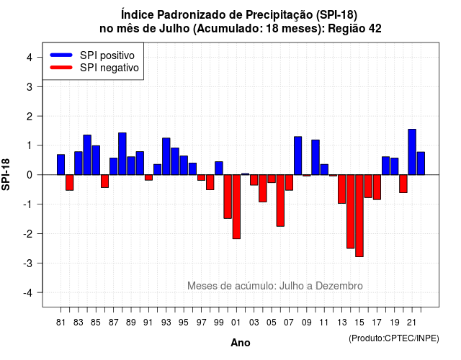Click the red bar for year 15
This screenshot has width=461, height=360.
point(359,216)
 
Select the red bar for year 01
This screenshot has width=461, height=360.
point(236,207)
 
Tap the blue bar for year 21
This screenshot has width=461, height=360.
point(412,152)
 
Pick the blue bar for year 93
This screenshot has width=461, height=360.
point(166,156)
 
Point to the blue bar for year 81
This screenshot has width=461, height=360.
point(61,165)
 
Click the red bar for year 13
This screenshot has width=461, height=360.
point(341,189)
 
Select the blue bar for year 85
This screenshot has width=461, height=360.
point(96,160)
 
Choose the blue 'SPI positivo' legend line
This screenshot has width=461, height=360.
point(61,55)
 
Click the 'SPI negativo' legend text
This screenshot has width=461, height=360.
point(109,68)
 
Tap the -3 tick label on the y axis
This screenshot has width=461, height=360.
point(28,263)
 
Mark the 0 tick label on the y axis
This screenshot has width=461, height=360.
point(30,175)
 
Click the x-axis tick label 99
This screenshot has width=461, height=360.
point(219,323)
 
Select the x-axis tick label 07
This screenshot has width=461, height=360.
point(289,323)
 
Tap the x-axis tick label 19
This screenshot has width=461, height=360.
point(394,323)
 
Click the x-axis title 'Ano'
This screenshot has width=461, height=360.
point(241,343)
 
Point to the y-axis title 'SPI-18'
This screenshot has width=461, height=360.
point(6,174)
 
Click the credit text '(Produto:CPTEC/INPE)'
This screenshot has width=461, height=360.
point(394,338)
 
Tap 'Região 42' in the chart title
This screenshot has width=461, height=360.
point(354,29)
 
